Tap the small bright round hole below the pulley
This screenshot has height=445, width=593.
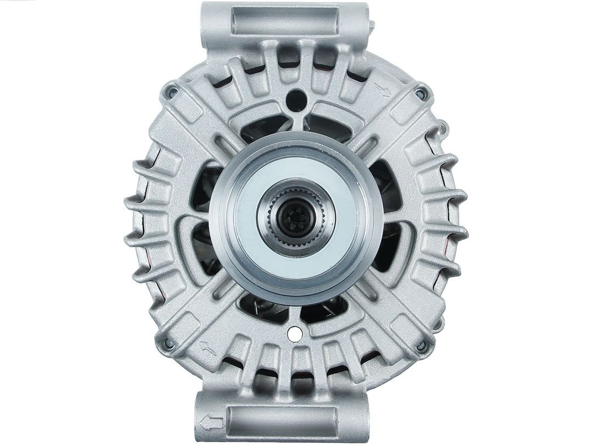pos(293,333)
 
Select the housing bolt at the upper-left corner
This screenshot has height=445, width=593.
pos(172,91)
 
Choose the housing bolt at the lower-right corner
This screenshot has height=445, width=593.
pos(421,345)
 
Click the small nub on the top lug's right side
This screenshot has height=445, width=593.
pos(373,25)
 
